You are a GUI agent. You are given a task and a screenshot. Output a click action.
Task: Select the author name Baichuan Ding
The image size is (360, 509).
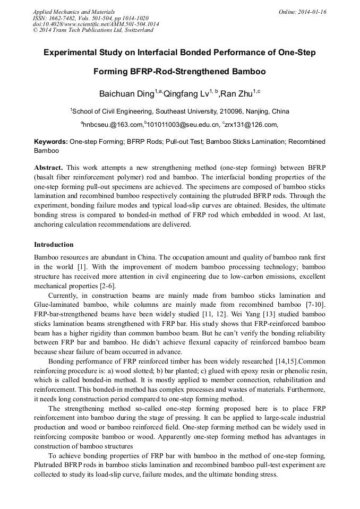[126, 94]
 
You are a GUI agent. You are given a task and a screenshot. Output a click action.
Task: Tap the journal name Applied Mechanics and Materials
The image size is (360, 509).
[73, 12]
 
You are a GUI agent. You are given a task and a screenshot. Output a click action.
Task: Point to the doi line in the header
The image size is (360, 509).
[96, 24]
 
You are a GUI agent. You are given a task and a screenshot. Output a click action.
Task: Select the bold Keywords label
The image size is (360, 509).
[50, 142]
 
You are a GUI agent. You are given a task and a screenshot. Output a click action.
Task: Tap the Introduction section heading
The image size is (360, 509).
[54, 245]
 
